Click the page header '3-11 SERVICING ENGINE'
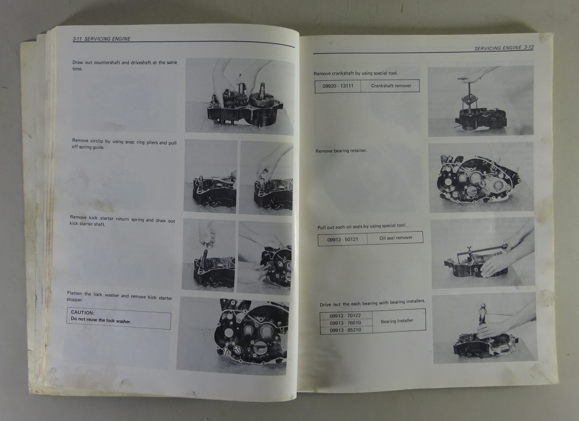tap(101, 39)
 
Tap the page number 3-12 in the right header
tap(529, 47)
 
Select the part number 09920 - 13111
tap(338, 86)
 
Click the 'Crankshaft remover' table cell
tap(391, 86)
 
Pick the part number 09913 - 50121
tap(342, 239)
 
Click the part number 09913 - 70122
tap(345, 316)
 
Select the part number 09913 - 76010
tap(345, 323)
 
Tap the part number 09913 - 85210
tap(346, 330)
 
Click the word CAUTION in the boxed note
tap(83, 312)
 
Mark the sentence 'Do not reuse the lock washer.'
tap(101, 320)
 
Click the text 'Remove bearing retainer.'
tap(341, 151)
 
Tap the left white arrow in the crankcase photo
tap(225, 350)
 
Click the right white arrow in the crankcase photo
tap(237, 349)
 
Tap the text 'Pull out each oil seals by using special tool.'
tap(362, 226)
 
